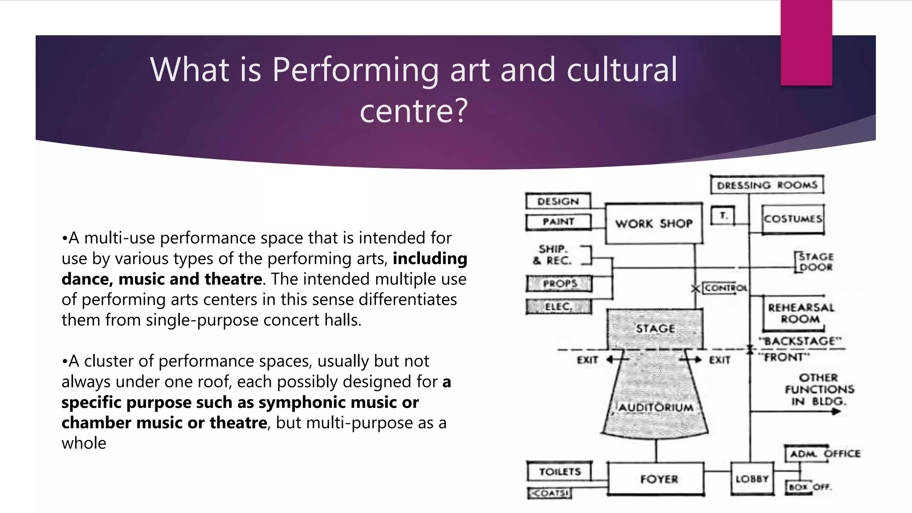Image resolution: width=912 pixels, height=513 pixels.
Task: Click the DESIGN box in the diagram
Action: (558, 201)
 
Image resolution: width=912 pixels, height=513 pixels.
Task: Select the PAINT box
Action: (558, 222)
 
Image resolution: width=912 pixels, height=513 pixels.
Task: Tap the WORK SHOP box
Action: (654, 224)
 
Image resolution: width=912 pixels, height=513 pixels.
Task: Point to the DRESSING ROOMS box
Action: (767, 185)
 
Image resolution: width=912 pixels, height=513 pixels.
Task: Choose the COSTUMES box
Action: (793, 219)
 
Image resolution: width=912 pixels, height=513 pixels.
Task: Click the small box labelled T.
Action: (723, 216)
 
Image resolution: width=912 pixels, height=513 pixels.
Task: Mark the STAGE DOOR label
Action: (815, 262)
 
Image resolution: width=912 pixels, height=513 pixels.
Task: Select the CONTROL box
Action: (725, 288)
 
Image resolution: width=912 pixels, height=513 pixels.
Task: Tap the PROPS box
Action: (559, 283)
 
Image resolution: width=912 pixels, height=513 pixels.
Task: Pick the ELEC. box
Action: (558, 306)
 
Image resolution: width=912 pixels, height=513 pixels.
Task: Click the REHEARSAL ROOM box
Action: (800, 313)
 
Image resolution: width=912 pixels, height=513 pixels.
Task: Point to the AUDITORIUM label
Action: (655, 407)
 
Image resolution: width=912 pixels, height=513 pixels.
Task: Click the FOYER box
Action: (658, 479)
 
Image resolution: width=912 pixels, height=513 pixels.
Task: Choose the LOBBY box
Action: (752, 479)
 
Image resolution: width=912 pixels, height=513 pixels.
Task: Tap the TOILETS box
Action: (560, 472)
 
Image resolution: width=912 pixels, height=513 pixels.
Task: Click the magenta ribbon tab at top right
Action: (806, 42)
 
